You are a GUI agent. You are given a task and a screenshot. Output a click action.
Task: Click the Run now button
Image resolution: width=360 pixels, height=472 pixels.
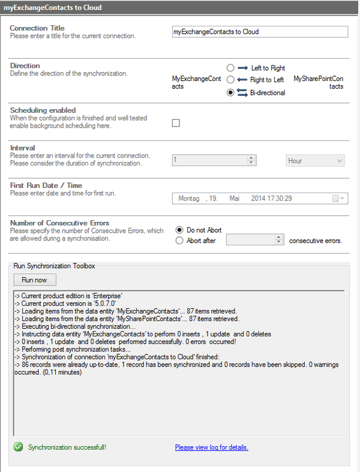tap(34, 280)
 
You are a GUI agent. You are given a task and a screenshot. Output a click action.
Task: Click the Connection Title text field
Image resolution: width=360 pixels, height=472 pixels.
tap(259, 32)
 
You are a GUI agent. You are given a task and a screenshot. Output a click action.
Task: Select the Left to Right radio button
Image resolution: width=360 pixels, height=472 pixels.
tap(230, 68)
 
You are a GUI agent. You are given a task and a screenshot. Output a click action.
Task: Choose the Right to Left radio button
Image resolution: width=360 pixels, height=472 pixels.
tap(230, 80)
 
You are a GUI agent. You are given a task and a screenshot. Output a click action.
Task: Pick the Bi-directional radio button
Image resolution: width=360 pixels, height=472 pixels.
tap(230, 92)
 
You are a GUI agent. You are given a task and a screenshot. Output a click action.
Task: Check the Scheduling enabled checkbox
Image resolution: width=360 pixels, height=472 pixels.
tap(176, 124)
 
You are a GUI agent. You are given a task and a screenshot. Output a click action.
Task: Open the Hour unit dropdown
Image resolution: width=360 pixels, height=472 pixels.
tap(315, 161)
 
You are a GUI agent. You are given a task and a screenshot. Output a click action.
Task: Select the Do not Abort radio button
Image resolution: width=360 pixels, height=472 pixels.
tap(179, 230)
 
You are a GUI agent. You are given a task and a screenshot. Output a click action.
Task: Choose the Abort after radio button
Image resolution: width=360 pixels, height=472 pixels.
tap(179, 240)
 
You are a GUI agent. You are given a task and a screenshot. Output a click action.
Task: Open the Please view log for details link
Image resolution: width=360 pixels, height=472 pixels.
tap(211, 447)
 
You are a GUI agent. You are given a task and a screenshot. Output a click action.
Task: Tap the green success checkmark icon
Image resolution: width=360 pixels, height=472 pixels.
tap(18, 447)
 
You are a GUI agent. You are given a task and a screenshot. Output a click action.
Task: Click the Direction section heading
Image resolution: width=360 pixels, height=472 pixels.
tap(25, 66)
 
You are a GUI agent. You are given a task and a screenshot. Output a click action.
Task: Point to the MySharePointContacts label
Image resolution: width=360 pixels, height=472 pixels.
tap(318, 82)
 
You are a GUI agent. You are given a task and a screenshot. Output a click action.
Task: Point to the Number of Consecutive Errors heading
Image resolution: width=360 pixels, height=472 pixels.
tap(59, 223)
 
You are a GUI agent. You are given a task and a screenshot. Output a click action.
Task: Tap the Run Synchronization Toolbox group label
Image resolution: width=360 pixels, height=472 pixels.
tap(54, 265)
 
